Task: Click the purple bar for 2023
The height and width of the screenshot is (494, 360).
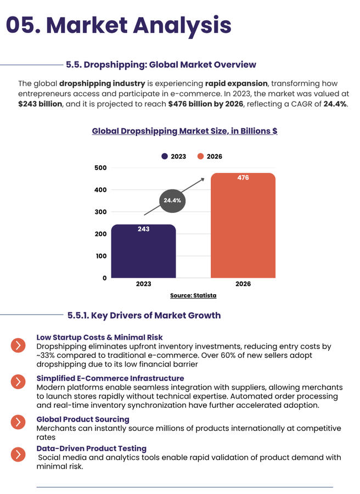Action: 143,252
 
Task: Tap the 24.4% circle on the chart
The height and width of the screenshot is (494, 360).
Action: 172,201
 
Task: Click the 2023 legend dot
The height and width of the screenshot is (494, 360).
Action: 165,156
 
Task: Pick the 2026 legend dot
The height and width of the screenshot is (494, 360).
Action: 201,156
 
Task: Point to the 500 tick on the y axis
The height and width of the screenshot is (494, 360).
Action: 100,167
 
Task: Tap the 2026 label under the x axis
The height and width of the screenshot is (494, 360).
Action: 243,284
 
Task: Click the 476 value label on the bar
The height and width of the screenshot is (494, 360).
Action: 243,178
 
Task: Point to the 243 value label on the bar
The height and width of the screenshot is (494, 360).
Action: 143,229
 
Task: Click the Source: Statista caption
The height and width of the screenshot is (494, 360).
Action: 193,295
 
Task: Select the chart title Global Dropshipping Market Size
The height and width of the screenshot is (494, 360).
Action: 184,131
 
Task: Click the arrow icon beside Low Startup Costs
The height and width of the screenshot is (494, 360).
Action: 18,345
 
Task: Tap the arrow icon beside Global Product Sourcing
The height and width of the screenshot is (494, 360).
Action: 18,422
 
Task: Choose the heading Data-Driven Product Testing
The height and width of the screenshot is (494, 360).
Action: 92,449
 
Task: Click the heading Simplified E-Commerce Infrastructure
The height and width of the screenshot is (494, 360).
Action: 110,378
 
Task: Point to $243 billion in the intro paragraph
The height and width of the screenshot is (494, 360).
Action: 41,104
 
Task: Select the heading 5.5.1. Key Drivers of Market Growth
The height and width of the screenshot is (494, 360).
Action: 144,315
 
